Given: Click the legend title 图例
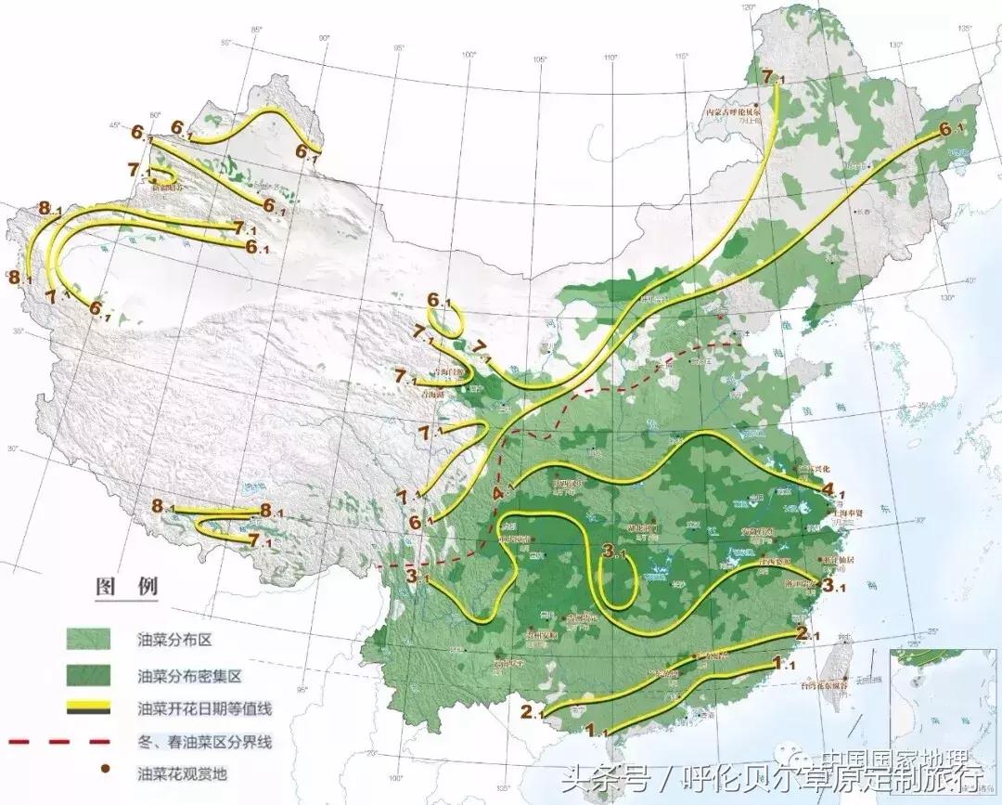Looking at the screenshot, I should pyautogui.click(x=127, y=587).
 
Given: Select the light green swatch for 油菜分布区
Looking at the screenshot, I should pyautogui.click(x=88, y=639).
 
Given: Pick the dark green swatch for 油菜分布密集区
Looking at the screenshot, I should pyautogui.click(x=88, y=674).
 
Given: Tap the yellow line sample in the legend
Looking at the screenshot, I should pyautogui.click(x=88, y=708).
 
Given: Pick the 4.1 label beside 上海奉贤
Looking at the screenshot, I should pyautogui.click(x=831, y=489).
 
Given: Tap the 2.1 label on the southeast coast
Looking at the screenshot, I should pyautogui.click(x=806, y=634).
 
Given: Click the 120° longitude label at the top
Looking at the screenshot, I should pyautogui.click(x=746, y=8).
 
